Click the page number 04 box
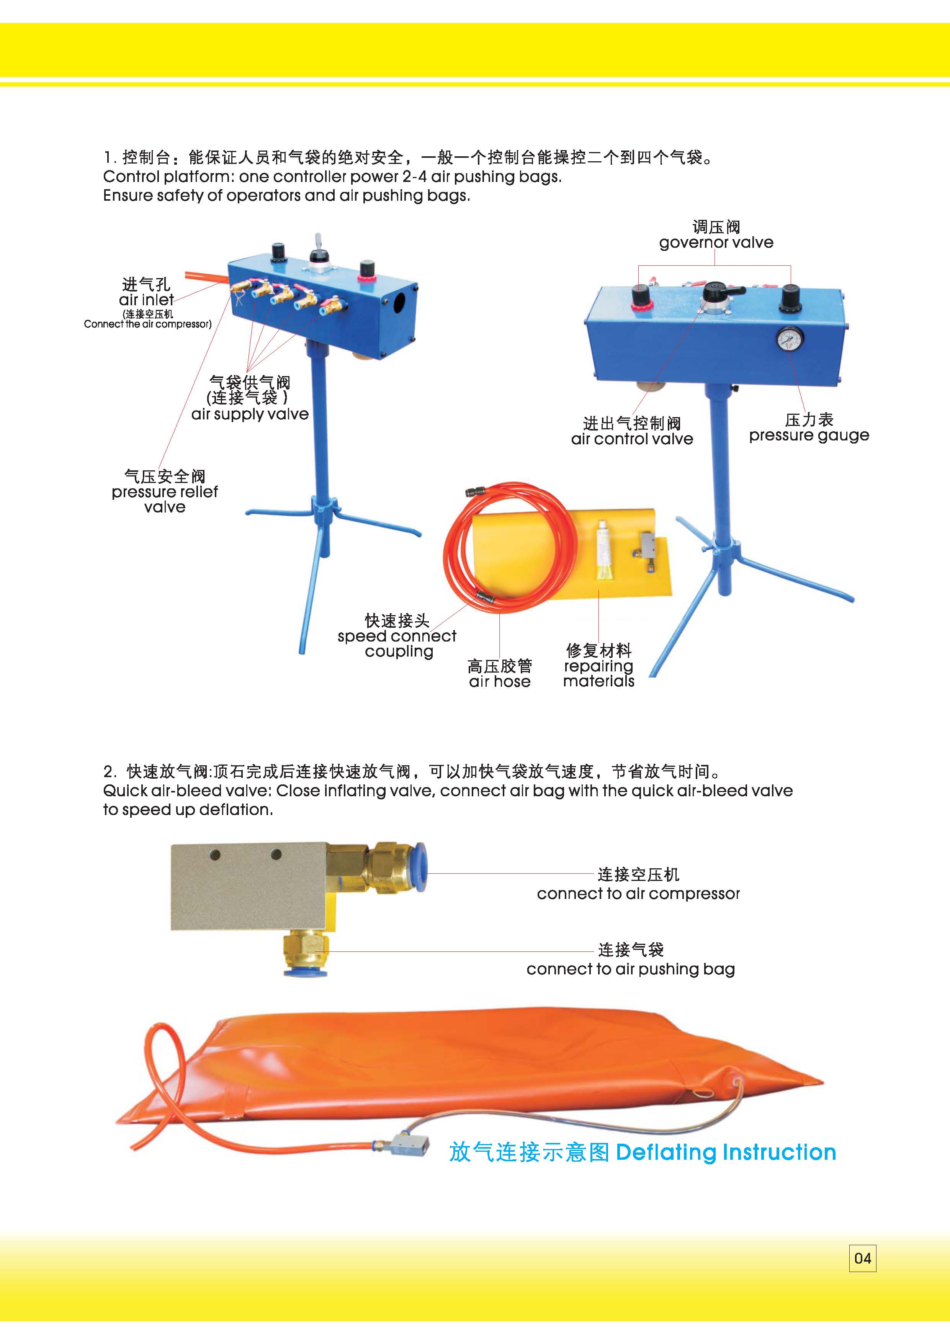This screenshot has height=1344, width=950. [862, 1259]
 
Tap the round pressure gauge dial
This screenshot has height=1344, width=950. [790, 339]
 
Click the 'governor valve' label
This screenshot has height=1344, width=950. [716, 242]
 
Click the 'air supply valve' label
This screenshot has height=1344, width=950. [250, 414]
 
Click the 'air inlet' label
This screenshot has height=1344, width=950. [146, 300]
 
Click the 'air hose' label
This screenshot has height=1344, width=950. [499, 681]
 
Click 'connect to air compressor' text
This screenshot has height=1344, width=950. [638, 894]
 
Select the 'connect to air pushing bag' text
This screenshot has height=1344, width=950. [630, 969]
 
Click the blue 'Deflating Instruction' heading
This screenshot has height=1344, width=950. [726, 1152]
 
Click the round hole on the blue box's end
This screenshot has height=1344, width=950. [400, 302]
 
